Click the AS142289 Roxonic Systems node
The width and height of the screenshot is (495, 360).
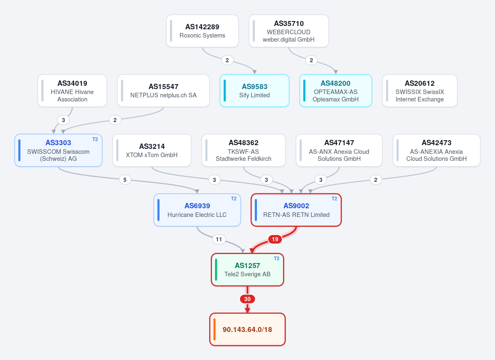click(202, 31)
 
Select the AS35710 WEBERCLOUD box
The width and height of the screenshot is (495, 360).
click(289, 31)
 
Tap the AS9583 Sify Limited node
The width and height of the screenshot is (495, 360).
click(255, 91)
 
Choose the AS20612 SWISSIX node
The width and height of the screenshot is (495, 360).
click(420, 91)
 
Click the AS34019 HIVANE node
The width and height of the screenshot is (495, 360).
click(72, 91)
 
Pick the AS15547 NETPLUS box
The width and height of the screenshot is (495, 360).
click(163, 91)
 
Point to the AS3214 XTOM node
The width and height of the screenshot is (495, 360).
click(152, 150)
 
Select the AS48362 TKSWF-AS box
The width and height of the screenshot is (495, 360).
click(243, 150)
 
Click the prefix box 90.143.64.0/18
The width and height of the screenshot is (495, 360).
click(247, 329)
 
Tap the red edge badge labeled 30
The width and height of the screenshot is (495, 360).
click(247, 299)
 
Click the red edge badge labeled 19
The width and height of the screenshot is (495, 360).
click(275, 239)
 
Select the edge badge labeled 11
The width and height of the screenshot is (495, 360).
click(219, 239)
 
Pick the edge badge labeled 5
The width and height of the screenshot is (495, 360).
click(125, 180)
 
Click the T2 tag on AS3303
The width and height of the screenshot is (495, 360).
click(95, 139)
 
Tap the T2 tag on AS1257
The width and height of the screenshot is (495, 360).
click(276, 259)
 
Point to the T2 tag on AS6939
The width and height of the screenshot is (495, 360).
click(233, 199)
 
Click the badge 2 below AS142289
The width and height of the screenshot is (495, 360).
click(227, 60)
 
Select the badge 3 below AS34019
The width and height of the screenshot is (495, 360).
click(63, 120)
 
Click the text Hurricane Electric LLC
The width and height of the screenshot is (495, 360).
click(197, 215)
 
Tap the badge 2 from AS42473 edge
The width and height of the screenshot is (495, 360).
click(375, 180)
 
